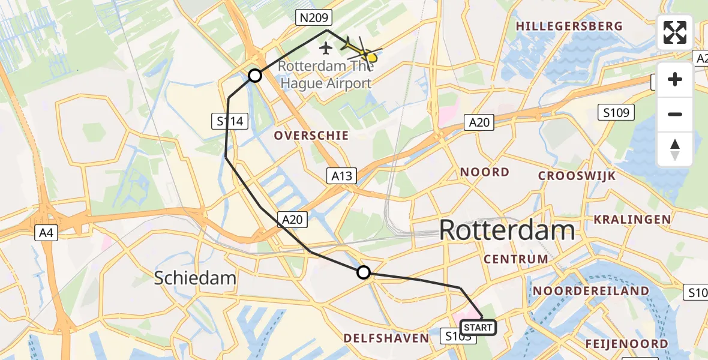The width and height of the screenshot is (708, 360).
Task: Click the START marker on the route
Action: click(478, 327)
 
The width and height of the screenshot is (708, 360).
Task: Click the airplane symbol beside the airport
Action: click(326, 47)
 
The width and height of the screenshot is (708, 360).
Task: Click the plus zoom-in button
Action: click(675, 79)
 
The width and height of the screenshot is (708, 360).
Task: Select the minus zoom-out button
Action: click(675, 114)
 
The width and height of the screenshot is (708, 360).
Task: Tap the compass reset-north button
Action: click(675, 149)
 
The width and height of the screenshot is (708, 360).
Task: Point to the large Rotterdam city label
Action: click(507, 230)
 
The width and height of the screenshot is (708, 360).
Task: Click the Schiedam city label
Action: click(194, 278)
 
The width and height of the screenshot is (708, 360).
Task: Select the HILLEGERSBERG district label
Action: click(569, 26)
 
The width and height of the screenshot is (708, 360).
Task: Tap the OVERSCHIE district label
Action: click(311, 136)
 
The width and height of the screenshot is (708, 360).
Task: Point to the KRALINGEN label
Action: click(632, 220)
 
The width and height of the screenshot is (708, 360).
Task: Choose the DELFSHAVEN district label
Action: click(386, 338)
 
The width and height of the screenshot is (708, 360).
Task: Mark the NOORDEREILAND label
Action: click(591, 291)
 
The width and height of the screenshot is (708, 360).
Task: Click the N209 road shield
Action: click(313, 19)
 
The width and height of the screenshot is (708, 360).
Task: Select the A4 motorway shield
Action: click(46, 233)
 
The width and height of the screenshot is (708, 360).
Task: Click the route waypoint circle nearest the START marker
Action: click(364, 273)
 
